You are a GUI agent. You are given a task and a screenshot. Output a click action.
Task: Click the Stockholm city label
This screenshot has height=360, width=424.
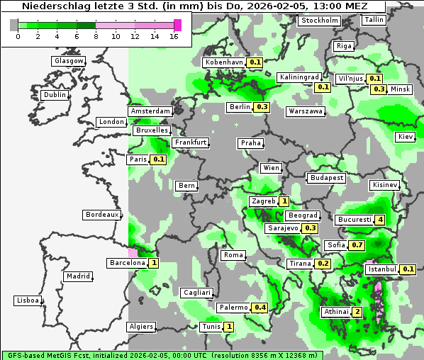[x=319, y=20]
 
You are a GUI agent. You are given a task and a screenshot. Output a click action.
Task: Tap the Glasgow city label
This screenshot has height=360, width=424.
[x=69, y=61]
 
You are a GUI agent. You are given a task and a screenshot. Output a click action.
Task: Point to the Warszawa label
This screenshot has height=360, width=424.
[x=306, y=111]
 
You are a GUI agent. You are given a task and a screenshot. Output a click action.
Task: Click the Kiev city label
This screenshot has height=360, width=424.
[x=406, y=136]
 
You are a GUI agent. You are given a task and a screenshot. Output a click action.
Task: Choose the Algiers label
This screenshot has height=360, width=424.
[x=140, y=327]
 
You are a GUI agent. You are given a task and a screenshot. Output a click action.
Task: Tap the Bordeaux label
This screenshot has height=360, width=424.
[x=102, y=215]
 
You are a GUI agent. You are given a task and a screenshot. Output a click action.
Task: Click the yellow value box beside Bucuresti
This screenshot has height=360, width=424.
[x=380, y=220]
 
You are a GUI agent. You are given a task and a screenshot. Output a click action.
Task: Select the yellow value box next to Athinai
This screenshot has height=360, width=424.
[x=357, y=312]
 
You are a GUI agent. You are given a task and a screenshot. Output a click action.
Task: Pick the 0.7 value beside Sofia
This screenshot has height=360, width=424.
[x=357, y=245]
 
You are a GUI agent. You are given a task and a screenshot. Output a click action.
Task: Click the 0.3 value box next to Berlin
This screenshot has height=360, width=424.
[x=262, y=107]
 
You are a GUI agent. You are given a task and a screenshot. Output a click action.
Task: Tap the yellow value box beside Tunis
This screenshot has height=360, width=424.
[x=228, y=327]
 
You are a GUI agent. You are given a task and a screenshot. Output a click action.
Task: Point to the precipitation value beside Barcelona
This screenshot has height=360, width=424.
[x=153, y=263]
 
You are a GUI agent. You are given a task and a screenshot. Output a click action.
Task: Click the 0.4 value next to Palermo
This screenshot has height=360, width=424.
[x=260, y=308]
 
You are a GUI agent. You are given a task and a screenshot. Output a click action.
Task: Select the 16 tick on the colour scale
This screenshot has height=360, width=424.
[x=174, y=36]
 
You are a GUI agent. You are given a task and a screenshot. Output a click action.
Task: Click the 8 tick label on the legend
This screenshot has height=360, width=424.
[x=96, y=36]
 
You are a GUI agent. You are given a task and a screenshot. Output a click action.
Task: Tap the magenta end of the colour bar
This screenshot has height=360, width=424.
[x=177, y=25]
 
